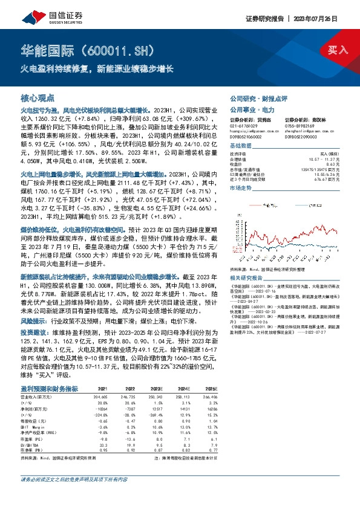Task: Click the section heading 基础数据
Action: pyautogui.click(x=241, y=147)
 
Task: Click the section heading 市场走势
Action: pyautogui.click(x=241, y=188)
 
